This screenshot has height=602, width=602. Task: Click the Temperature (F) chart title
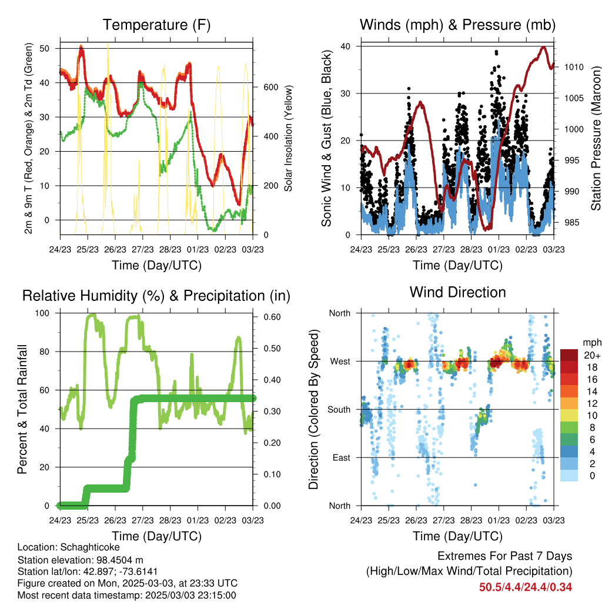(x=156, y=25)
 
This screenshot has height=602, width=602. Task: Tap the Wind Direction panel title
(x=457, y=292)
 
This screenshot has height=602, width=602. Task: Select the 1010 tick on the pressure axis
(x=574, y=67)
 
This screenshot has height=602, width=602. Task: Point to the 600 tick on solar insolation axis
(x=270, y=87)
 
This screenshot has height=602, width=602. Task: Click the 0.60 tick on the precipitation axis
(x=272, y=317)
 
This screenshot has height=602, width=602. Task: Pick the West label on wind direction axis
(x=340, y=362)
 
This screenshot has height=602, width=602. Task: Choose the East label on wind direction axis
(x=342, y=457)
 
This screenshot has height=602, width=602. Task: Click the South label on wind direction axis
(x=339, y=410)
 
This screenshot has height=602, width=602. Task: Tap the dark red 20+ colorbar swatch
(x=569, y=355)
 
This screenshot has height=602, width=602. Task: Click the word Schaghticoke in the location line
(x=90, y=547)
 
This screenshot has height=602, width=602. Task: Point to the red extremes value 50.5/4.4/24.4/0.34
(x=526, y=587)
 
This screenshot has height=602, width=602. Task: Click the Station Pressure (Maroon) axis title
(x=596, y=138)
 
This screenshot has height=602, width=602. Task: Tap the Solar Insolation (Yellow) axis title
(x=288, y=138)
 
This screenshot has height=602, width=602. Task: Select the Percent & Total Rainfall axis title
(x=22, y=409)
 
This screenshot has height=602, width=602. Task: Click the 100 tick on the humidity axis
(x=42, y=313)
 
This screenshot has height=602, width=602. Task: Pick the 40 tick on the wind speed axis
(x=346, y=46)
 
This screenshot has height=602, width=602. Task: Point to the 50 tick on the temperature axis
(x=45, y=48)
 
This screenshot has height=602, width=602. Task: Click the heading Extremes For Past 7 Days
(x=505, y=556)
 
